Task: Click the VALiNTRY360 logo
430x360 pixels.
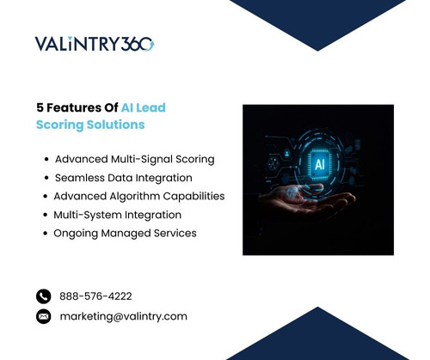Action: (x=95, y=44)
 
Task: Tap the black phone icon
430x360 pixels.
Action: (x=44, y=296)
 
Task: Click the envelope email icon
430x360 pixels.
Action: (x=44, y=316)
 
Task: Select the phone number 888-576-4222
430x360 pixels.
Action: (x=95, y=296)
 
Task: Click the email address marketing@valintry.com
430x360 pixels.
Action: (x=123, y=316)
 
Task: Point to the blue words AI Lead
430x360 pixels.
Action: (x=144, y=108)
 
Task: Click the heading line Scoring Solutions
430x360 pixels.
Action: (x=90, y=125)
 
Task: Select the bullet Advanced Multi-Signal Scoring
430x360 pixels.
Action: (x=134, y=159)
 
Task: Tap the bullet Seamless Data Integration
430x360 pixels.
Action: (x=123, y=178)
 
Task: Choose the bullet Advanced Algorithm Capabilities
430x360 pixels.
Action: (x=138, y=196)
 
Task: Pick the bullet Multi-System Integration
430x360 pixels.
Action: (x=117, y=215)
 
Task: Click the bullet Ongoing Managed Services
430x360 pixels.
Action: (x=125, y=233)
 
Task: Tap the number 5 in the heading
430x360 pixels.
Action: (x=40, y=108)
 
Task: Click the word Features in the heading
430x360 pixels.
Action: (x=75, y=108)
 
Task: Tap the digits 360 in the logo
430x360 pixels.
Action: (x=138, y=44)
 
